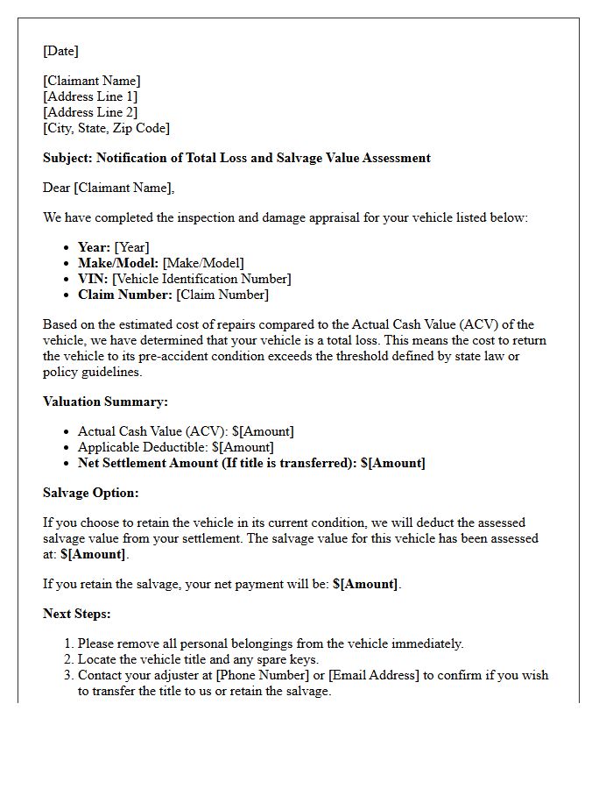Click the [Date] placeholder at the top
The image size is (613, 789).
[60, 51]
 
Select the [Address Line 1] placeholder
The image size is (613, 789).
[90, 96]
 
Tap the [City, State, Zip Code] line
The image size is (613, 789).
[106, 128]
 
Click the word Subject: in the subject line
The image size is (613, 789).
[67, 158]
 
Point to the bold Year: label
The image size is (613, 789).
[94, 247]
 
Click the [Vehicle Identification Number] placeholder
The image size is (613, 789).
[201, 279]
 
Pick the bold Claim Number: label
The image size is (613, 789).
[125, 295]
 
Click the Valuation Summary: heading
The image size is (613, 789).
[105, 402]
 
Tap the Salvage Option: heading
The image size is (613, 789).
[91, 493]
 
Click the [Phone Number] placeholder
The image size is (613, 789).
[257, 675]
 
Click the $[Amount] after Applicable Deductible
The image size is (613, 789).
[243, 447]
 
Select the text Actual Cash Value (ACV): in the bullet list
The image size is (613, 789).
[153, 431]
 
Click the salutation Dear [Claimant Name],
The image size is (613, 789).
[109, 188]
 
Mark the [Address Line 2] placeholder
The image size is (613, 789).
[90, 112]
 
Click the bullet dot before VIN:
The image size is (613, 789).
[67, 279]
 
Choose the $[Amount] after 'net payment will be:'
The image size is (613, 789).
[365, 584]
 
